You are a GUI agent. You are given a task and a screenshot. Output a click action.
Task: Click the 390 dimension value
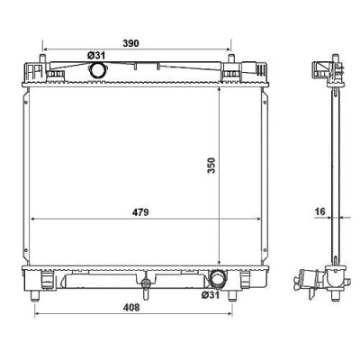[131, 43]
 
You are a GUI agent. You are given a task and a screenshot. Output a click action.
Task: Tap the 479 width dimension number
[140, 212]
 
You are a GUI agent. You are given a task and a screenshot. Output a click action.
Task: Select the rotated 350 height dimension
[211, 166]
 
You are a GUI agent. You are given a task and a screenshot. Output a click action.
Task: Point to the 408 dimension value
[131, 308]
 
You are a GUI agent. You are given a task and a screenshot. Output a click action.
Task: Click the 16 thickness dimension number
[320, 211]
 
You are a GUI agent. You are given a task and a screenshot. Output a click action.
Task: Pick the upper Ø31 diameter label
[96, 56]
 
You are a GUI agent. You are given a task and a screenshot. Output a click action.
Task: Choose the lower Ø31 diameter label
[211, 295]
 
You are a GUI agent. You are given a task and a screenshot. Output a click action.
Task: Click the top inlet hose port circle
[97, 70]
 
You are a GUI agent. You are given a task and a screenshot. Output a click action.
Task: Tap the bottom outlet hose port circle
[217, 278]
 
